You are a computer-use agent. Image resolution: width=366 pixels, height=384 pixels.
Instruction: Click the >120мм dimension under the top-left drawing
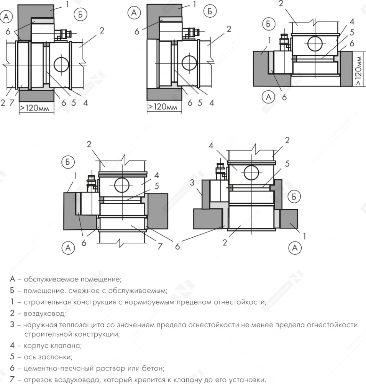pos(34,108)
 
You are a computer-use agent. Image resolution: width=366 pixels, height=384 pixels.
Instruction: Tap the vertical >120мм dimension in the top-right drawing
pos(358,71)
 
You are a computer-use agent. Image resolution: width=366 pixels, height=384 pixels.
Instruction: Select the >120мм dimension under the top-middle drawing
pos(162,107)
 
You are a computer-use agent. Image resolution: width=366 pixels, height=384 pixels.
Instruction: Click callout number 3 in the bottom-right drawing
pos(192,182)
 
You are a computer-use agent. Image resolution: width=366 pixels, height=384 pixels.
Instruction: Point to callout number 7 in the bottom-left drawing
pos(160,246)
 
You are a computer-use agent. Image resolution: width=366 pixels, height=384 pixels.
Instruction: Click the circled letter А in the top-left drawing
pos(6,17)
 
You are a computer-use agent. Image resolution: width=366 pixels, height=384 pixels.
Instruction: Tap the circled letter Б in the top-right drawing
pos(268,24)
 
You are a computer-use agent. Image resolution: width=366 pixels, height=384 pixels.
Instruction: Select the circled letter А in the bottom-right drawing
pos(295,248)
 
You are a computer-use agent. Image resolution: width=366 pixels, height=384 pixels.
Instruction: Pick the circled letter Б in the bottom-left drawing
pos(68,162)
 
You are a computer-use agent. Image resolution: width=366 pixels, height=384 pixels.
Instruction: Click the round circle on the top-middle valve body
pos(189,63)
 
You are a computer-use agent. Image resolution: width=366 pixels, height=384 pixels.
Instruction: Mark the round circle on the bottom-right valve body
pos(251,173)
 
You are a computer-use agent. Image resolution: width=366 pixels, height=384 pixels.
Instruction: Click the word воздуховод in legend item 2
pos(45,313)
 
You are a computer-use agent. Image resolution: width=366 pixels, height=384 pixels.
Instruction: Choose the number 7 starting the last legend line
pos(12,380)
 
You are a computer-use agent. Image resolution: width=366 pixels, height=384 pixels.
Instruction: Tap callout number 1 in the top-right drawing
pos(270,40)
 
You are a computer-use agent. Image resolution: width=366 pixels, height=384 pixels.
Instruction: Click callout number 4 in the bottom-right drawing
pos(211,146)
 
